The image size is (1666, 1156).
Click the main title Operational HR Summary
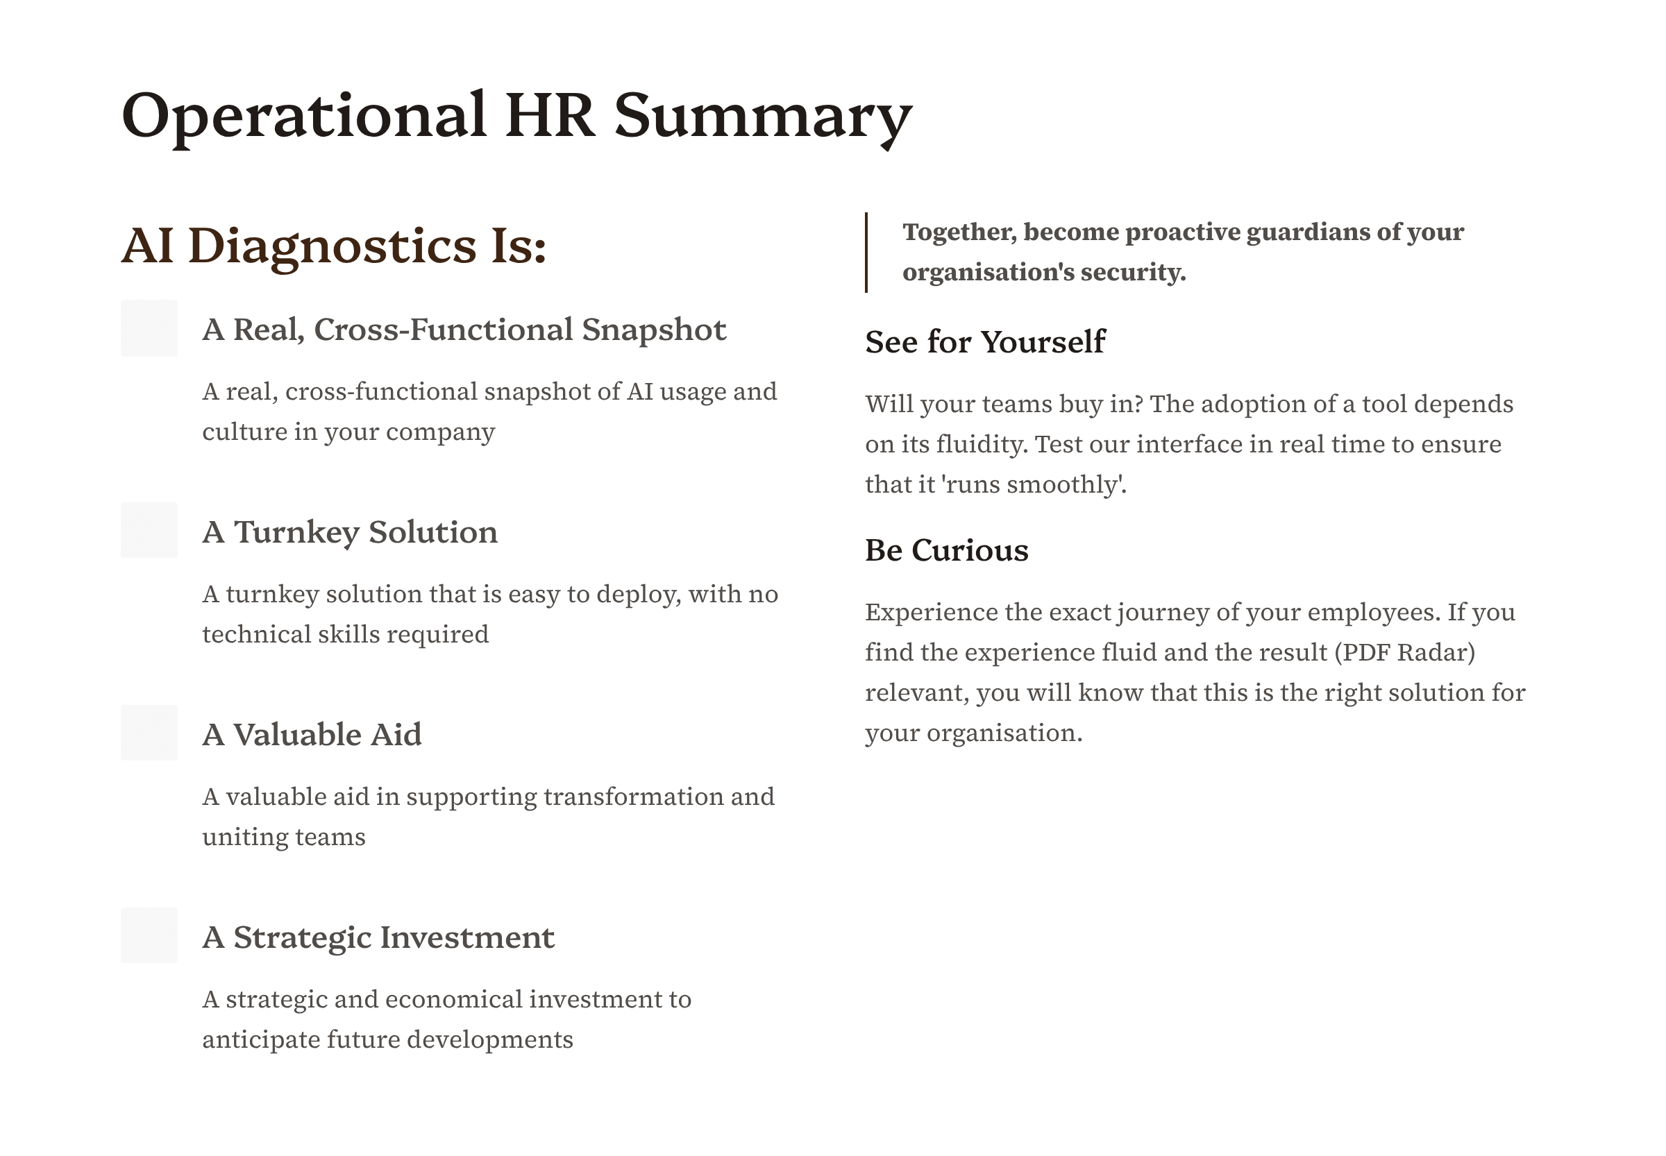pos(516,116)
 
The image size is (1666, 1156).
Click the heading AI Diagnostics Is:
pos(333,246)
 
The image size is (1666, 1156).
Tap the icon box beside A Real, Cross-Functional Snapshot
pos(149,328)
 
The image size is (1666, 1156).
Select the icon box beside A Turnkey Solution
pos(149,530)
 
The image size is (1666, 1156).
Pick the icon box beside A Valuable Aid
pos(149,733)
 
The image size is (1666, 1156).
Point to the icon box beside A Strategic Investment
pos(149,935)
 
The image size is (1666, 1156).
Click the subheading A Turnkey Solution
pos(350,532)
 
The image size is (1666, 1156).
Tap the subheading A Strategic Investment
pos(378,938)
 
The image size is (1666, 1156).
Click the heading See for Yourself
pos(985,342)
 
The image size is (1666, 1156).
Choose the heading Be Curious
pos(946,550)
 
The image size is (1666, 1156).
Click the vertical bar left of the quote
pos(866,252)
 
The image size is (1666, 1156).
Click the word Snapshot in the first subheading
pos(654,330)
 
